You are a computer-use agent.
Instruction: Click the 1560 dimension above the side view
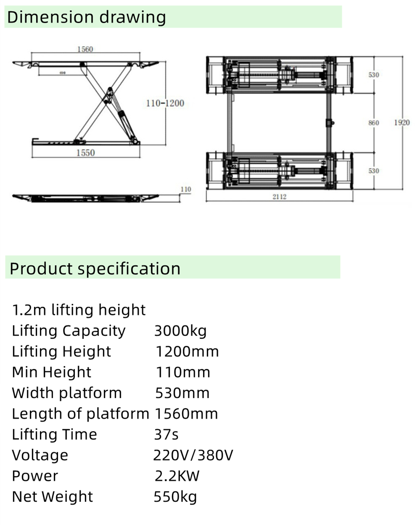[x=85, y=49]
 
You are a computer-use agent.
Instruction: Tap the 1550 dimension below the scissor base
[x=85, y=153]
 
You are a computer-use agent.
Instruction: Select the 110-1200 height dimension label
[x=165, y=103]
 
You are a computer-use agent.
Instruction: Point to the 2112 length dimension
[x=279, y=197]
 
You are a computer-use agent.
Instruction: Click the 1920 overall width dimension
[x=402, y=123]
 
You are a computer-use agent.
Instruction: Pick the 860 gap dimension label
[x=373, y=123]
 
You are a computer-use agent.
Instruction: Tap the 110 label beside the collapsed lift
[x=185, y=189]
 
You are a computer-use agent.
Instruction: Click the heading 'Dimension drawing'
[x=87, y=17]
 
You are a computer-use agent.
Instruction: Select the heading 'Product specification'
[x=95, y=268]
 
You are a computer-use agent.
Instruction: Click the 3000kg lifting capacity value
[x=180, y=331]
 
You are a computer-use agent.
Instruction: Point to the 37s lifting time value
[x=166, y=434]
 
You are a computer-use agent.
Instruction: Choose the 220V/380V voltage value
[x=193, y=455]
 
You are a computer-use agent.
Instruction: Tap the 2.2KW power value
[x=177, y=476]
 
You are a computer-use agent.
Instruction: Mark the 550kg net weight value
[x=175, y=497]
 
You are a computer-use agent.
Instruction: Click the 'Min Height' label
[x=51, y=372]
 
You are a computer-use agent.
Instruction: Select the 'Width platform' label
[x=67, y=393]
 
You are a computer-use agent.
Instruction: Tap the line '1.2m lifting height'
[x=79, y=310]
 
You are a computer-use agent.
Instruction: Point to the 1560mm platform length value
[x=186, y=414]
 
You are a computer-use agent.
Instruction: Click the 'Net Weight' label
[x=52, y=497]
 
